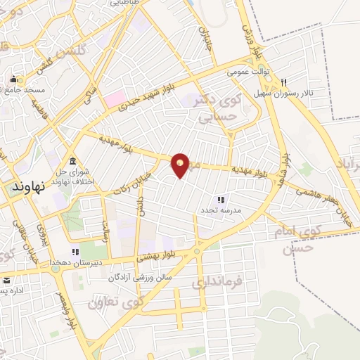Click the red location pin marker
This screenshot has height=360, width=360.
pos(181,165)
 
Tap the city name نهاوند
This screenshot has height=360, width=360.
pos(29,187)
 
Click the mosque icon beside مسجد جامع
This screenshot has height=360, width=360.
pos(13,79)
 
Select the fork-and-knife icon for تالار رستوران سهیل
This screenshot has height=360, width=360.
pos(284,82)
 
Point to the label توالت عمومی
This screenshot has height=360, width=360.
pos(247,72)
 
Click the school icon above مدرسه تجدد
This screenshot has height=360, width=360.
pos(220,200)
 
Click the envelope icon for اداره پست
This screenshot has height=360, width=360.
pos(6,279)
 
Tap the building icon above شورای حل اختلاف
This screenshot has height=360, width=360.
pos(73,160)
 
